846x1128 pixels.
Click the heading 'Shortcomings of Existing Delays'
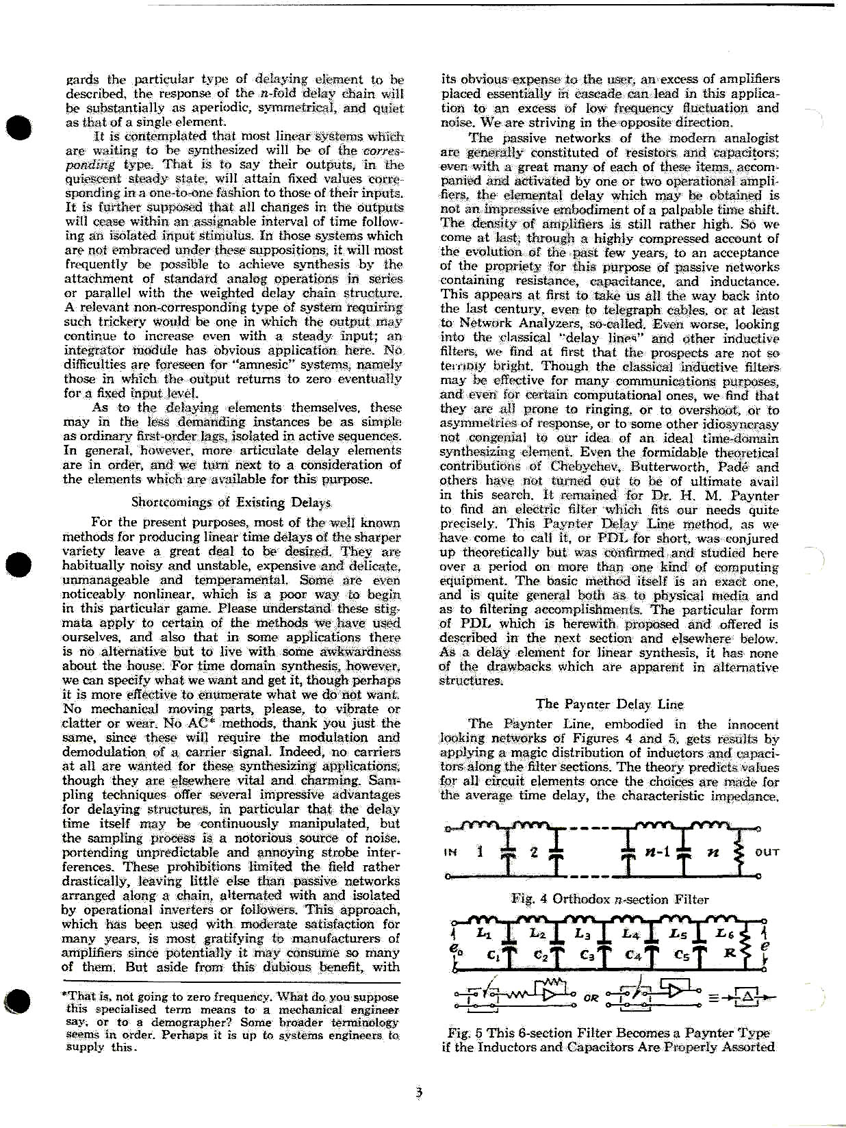pyautogui.click(x=231, y=502)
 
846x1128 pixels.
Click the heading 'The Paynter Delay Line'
pyautogui.click(x=609, y=704)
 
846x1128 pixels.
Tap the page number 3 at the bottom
pyautogui.click(x=419, y=1092)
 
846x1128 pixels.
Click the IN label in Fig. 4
pyautogui.click(x=450, y=852)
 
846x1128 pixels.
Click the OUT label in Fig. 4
pyautogui.click(x=767, y=852)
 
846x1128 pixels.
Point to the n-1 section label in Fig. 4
pyautogui.click(x=657, y=852)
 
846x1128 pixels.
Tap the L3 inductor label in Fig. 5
pyautogui.click(x=582, y=934)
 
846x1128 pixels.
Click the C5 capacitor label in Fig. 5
pyautogui.click(x=681, y=954)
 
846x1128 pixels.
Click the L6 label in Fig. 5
pyautogui.click(x=724, y=933)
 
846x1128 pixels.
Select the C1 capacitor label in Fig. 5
pyautogui.click(x=493, y=954)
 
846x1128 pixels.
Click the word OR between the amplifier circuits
pyautogui.click(x=591, y=998)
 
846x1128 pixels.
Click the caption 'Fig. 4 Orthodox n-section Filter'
pyautogui.click(x=609, y=899)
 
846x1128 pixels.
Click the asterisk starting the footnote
pyautogui.click(x=64, y=997)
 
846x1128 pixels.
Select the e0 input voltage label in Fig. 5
pyautogui.click(x=454, y=949)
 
